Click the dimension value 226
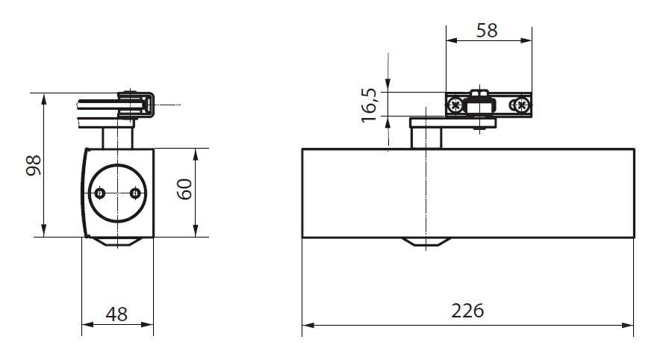[x=467, y=311]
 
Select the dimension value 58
[x=487, y=31]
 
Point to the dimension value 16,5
[x=370, y=105]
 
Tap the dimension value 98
[x=34, y=165]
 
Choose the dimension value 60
[x=184, y=189]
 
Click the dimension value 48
[x=116, y=314]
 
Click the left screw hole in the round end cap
[x=100, y=193]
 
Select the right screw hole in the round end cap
[x=135, y=193]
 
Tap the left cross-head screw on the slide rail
[x=456, y=104]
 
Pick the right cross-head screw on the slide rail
[x=521, y=104]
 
